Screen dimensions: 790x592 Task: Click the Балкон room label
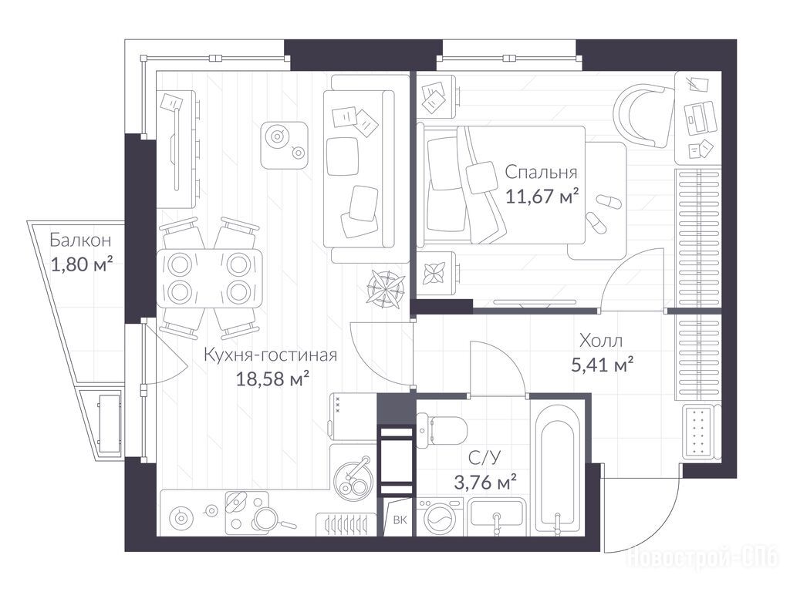[x=80, y=240]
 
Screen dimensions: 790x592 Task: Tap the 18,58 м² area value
[x=272, y=379]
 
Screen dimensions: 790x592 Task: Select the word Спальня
[x=541, y=173]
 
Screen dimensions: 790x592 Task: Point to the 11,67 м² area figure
[x=542, y=196]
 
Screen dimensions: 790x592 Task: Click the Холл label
[x=600, y=341]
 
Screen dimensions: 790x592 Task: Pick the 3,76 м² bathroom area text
[x=485, y=483]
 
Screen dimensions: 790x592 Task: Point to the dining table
[x=210, y=277]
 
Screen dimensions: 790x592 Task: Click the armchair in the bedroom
[x=644, y=116]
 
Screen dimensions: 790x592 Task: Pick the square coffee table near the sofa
[x=284, y=145]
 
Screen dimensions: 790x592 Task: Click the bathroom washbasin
[x=496, y=517]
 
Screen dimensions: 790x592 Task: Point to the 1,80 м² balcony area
[x=81, y=264]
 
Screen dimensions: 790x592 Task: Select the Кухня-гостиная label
[x=271, y=355]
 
